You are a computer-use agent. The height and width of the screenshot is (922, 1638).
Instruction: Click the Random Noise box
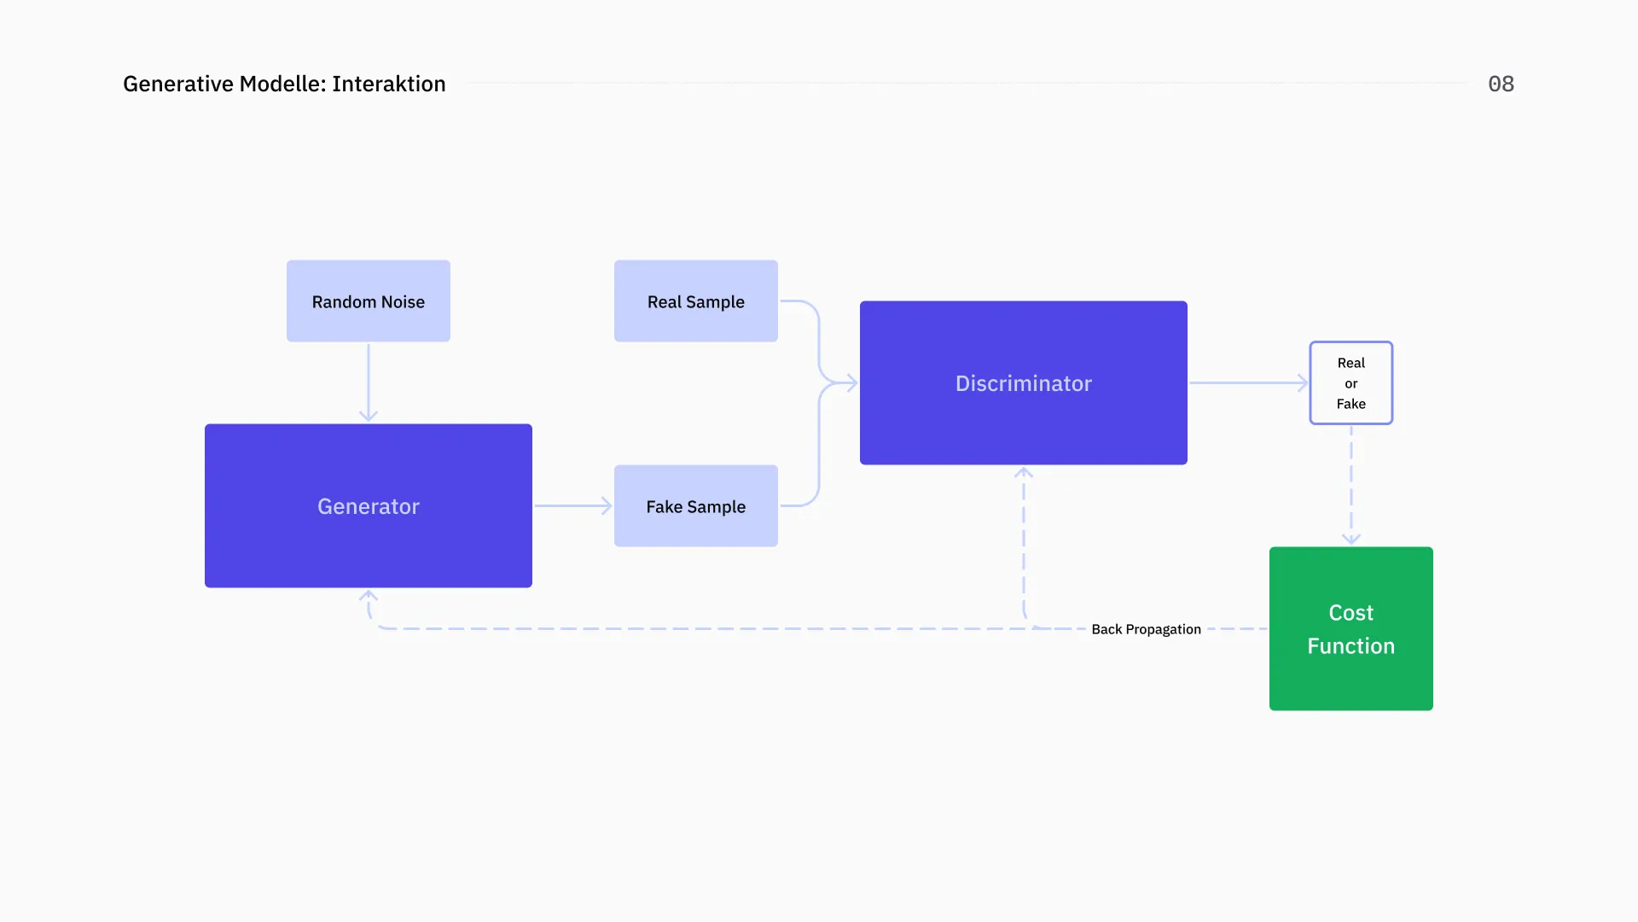(368, 301)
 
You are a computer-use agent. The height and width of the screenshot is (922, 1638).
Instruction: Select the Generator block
(368, 505)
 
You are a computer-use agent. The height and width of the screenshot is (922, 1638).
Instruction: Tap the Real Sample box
(695, 301)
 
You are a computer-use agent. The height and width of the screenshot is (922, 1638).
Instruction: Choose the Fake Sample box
(695, 506)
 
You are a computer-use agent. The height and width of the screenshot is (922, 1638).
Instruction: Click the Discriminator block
(1023, 382)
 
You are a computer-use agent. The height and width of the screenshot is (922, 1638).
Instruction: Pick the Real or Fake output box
(1350, 382)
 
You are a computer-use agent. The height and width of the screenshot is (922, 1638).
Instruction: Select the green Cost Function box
(1350, 628)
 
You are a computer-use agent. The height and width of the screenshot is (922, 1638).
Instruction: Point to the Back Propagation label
(1146, 629)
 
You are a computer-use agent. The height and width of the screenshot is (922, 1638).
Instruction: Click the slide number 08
(1501, 84)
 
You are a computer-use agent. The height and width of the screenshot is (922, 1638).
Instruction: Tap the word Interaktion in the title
(389, 84)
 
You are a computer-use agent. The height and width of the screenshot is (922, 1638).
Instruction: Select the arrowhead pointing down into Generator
(368, 416)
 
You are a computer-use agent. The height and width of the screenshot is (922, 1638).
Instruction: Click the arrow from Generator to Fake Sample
(572, 506)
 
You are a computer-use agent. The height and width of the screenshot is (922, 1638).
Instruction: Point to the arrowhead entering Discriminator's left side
(851, 382)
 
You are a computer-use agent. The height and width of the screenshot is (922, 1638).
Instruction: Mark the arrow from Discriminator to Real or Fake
(1247, 382)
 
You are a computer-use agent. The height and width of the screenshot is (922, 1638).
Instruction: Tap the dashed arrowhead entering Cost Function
(1350, 539)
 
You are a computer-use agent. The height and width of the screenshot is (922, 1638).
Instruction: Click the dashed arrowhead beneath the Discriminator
(1024, 473)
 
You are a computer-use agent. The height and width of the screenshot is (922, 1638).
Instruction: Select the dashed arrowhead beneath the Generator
(368, 596)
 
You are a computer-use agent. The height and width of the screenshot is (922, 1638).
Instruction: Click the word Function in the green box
(1350, 646)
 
